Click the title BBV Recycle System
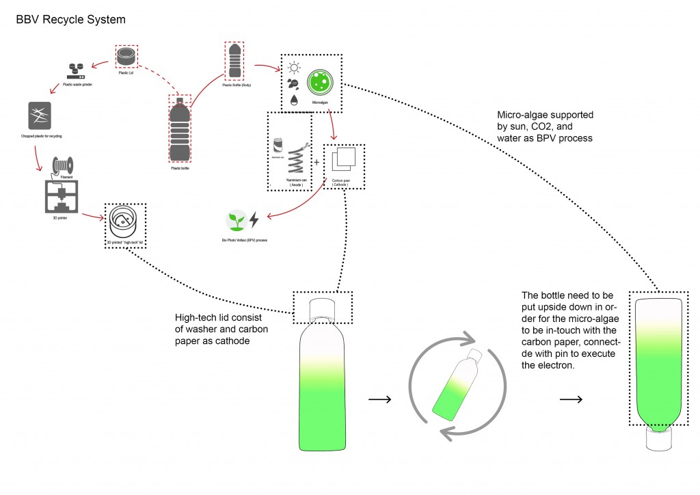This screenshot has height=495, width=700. (70, 20)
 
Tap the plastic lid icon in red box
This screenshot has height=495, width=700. (125, 56)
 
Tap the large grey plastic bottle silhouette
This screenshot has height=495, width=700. (180, 130)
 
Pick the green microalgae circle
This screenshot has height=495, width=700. (320, 82)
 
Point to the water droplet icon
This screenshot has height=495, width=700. (293, 99)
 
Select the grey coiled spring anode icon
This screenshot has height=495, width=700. (295, 159)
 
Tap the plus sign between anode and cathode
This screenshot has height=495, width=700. (317, 163)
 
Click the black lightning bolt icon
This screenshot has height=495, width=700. (254, 219)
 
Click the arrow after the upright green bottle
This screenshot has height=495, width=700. (379, 399)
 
